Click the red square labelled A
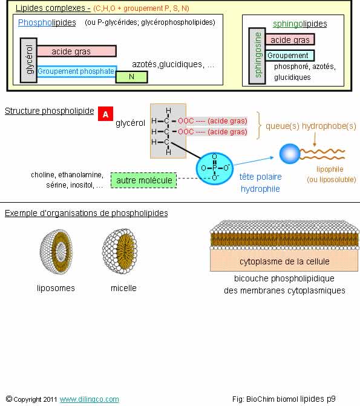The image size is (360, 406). (105, 114)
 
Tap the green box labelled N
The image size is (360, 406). (131, 77)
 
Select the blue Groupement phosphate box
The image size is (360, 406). (76, 71)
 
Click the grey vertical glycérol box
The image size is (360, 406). (29, 61)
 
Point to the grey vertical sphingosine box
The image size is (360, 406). (257, 56)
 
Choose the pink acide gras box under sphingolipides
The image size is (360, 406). (290, 39)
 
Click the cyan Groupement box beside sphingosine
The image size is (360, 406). (290, 56)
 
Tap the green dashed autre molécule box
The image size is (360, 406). (144, 180)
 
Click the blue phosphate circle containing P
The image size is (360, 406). (214, 169)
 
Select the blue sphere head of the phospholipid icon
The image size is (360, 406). (290, 154)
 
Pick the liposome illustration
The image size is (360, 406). (56, 252)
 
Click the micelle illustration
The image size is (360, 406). (120, 251)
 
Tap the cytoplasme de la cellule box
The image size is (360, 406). (284, 261)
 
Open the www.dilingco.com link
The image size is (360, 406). (90, 399)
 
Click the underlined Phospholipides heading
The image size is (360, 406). (47, 23)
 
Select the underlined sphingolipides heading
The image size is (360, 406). (300, 24)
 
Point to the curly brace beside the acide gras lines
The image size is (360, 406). (259, 126)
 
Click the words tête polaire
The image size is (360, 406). (260, 177)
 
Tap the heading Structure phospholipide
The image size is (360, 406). (50, 111)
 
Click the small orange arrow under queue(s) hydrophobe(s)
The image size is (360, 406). (315, 140)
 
